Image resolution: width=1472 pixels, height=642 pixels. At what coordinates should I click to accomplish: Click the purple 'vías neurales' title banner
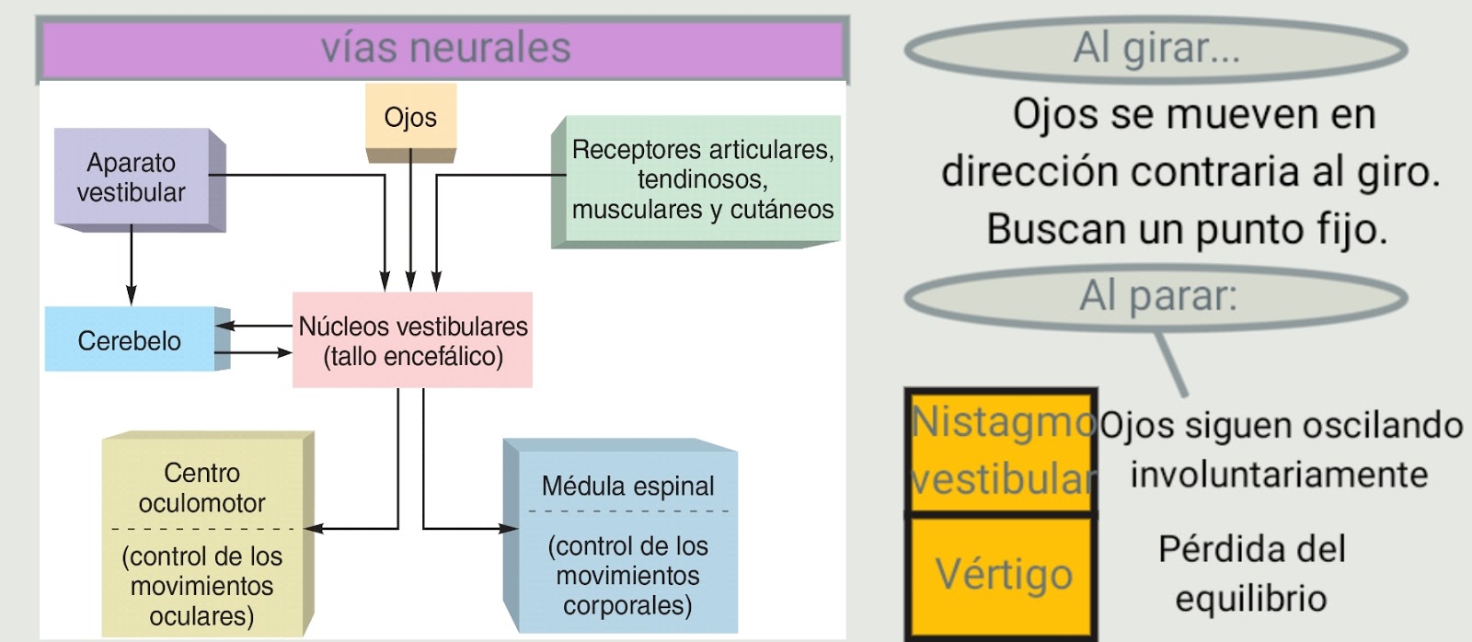coord(444,49)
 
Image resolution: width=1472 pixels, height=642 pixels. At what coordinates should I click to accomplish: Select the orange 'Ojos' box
coord(410,117)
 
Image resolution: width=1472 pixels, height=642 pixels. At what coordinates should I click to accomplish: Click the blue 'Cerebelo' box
coord(130,340)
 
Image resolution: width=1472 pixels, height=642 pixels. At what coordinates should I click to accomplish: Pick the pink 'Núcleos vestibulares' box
coord(412,340)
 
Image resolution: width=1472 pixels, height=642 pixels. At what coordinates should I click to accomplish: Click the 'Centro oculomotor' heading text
coord(202,487)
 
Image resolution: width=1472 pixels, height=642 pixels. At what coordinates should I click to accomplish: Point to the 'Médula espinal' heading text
coord(627,486)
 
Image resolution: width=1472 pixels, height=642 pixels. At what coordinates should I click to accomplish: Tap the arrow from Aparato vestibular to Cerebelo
coord(132,267)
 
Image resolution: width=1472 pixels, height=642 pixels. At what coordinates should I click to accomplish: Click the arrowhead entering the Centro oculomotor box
coord(314,528)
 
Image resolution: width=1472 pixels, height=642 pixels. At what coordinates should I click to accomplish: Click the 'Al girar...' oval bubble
coord(1156,48)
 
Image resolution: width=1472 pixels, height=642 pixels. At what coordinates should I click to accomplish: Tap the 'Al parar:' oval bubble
coord(1156,296)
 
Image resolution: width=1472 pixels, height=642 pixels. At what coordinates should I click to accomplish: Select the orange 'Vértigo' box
coord(1003,575)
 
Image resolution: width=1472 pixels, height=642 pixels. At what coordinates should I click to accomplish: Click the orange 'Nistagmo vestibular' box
coord(1003,451)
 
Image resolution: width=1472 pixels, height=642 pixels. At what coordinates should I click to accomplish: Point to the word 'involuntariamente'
coord(1279,475)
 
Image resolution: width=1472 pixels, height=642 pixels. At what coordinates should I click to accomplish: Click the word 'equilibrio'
coord(1251,598)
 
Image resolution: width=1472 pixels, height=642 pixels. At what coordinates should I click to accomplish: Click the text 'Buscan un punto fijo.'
coord(1187,228)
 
